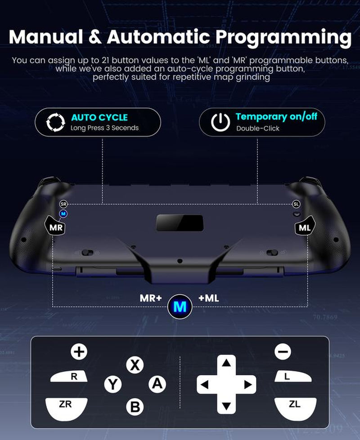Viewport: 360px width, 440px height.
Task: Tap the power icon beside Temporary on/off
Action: pyautogui.click(x=220, y=122)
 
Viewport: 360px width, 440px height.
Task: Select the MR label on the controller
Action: pyautogui.click(x=56, y=227)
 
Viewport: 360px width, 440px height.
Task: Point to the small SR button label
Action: pyautogui.click(x=63, y=204)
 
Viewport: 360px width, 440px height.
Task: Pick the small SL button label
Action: pyautogui.click(x=296, y=204)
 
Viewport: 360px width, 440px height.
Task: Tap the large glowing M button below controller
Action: pyautogui.click(x=180, y=307)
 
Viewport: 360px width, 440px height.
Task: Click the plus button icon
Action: pyautogui.click(x=79, y=351)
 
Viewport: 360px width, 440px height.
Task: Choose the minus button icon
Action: pyautogui.click(x=283, y=351)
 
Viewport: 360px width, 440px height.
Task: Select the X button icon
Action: pyautogui.click(x=134, y=365)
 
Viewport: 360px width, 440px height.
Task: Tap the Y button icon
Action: pyautogui.click(x=112, y=384)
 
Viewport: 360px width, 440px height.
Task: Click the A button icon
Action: pyautogui.click(x=157, y=384)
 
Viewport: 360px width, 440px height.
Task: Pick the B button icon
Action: pyautogui.click(x=135, y=407)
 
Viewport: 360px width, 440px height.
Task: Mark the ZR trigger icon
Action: pyautogui.click(x=66, y=405)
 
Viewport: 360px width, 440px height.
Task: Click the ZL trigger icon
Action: pyautogui.click(x=294, y=405)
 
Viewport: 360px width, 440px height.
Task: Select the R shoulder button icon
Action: pyautogui.click(x=73, y=376)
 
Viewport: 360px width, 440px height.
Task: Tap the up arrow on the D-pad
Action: pyautogui.click(x=226, y=363)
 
